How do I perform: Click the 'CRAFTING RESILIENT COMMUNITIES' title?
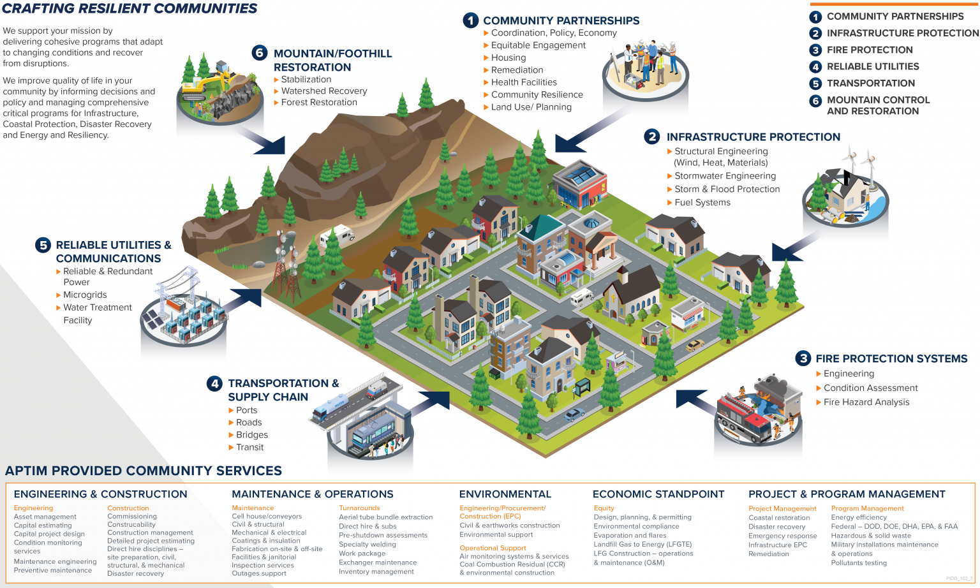pos(130,9)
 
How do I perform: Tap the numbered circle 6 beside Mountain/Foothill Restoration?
pos(259,52)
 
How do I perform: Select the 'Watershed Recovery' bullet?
pos(324,91)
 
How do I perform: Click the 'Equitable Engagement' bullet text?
pos(538,45)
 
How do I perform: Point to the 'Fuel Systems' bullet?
pos(702,202)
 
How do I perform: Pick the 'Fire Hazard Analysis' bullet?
pos(866,402)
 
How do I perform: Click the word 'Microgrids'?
pos(85,295)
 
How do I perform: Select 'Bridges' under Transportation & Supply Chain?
pos(251,435)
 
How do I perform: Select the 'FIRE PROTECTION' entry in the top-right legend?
pos(869,50)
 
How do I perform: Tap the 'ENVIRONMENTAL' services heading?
pos(505,494)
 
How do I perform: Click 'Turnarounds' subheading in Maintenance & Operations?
pos(359,508)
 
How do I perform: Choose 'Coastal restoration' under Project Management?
pos(778,518)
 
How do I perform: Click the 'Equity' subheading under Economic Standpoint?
pos(604,508)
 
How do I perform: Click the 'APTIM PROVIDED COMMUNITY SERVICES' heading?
pos(144,471)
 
